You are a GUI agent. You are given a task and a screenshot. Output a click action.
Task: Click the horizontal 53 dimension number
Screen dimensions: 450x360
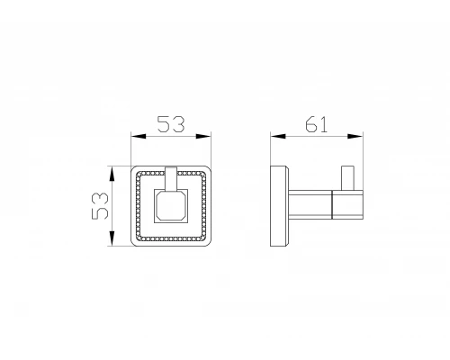(171, 124)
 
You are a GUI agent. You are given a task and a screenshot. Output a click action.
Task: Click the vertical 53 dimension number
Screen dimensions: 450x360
(100, 206)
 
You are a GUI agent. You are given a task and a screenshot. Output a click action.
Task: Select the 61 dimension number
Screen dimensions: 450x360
(316, 124)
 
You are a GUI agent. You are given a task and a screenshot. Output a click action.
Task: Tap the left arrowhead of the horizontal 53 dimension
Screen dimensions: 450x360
(139, 136)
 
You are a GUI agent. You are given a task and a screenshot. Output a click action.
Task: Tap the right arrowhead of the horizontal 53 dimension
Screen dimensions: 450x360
(203, 136)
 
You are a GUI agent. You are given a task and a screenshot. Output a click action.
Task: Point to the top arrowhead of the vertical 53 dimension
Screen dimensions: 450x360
(112, 174)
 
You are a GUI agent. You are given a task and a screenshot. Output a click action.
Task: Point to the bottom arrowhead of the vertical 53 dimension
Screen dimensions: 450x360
(112, 238)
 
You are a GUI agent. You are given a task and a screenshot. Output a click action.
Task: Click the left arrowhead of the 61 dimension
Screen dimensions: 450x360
(278, 136)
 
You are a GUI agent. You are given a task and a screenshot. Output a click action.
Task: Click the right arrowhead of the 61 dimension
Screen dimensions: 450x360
(355, 136)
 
